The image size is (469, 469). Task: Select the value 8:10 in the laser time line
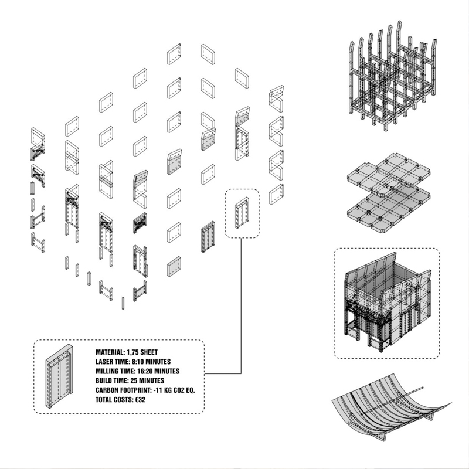(x=138, y=362)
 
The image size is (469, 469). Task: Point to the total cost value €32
(x=140, y=400)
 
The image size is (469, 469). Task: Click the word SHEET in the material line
(x=149, y=352)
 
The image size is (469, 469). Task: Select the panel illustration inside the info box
(x=60, y=376)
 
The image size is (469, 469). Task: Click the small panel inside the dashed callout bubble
(x=242, y=213)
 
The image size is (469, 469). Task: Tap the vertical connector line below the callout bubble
(x=241, y=305)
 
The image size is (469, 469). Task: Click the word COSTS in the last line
(x=124, y=400)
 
